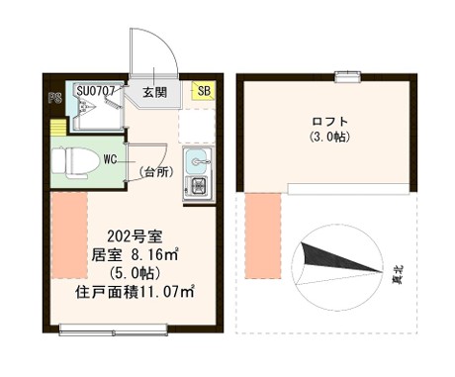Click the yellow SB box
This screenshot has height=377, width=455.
click(x=204, y=91)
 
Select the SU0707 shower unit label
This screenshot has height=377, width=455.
click(x=96, y=90)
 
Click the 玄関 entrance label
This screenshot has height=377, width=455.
click(x=153, y=92)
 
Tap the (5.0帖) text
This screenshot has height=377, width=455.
click(x=134, y=272)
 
